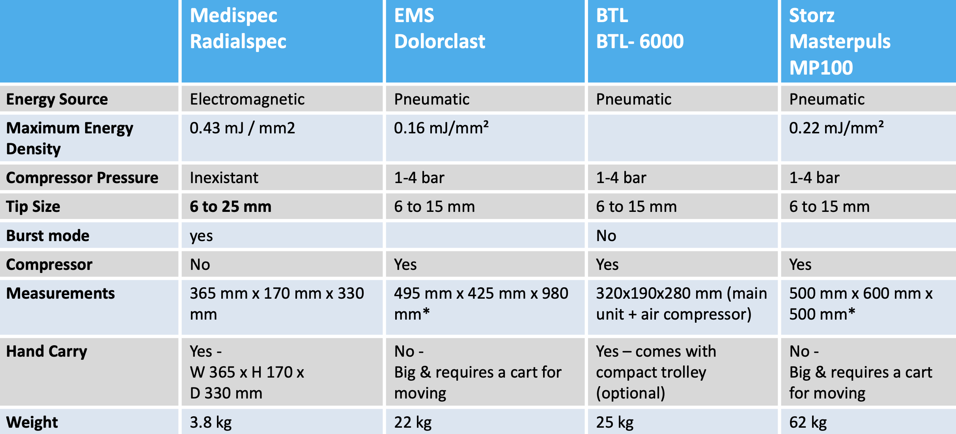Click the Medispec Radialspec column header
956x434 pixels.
(x=238, y=28)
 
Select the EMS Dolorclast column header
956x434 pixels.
(x=440, y=28)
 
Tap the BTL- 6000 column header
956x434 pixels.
(x=640, y=28)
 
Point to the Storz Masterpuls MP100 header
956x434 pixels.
(x=840, y=41)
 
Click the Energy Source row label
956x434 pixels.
(x=57, y=99)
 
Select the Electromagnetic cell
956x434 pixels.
(x=247, y=99)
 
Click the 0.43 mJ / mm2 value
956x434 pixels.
(x=242, y=128)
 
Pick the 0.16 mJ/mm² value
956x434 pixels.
(x=441, y=128)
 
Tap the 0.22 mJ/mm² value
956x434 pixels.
(x=836, y=128)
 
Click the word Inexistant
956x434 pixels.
(x=224, y=178)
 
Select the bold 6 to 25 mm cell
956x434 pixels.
(x=231, y=206)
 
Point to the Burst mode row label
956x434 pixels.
(x=48, y=236)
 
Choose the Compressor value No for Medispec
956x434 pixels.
(x=200, y=264)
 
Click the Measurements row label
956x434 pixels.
(x=61, y=293)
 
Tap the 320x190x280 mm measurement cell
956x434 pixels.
(x=682, y=304)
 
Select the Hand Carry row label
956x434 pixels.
(x=47, y=352)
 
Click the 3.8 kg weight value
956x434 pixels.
(x=211, y=423)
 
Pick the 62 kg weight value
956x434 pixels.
(x=808, y=423)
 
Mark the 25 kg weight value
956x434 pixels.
(x=614, y=423)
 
